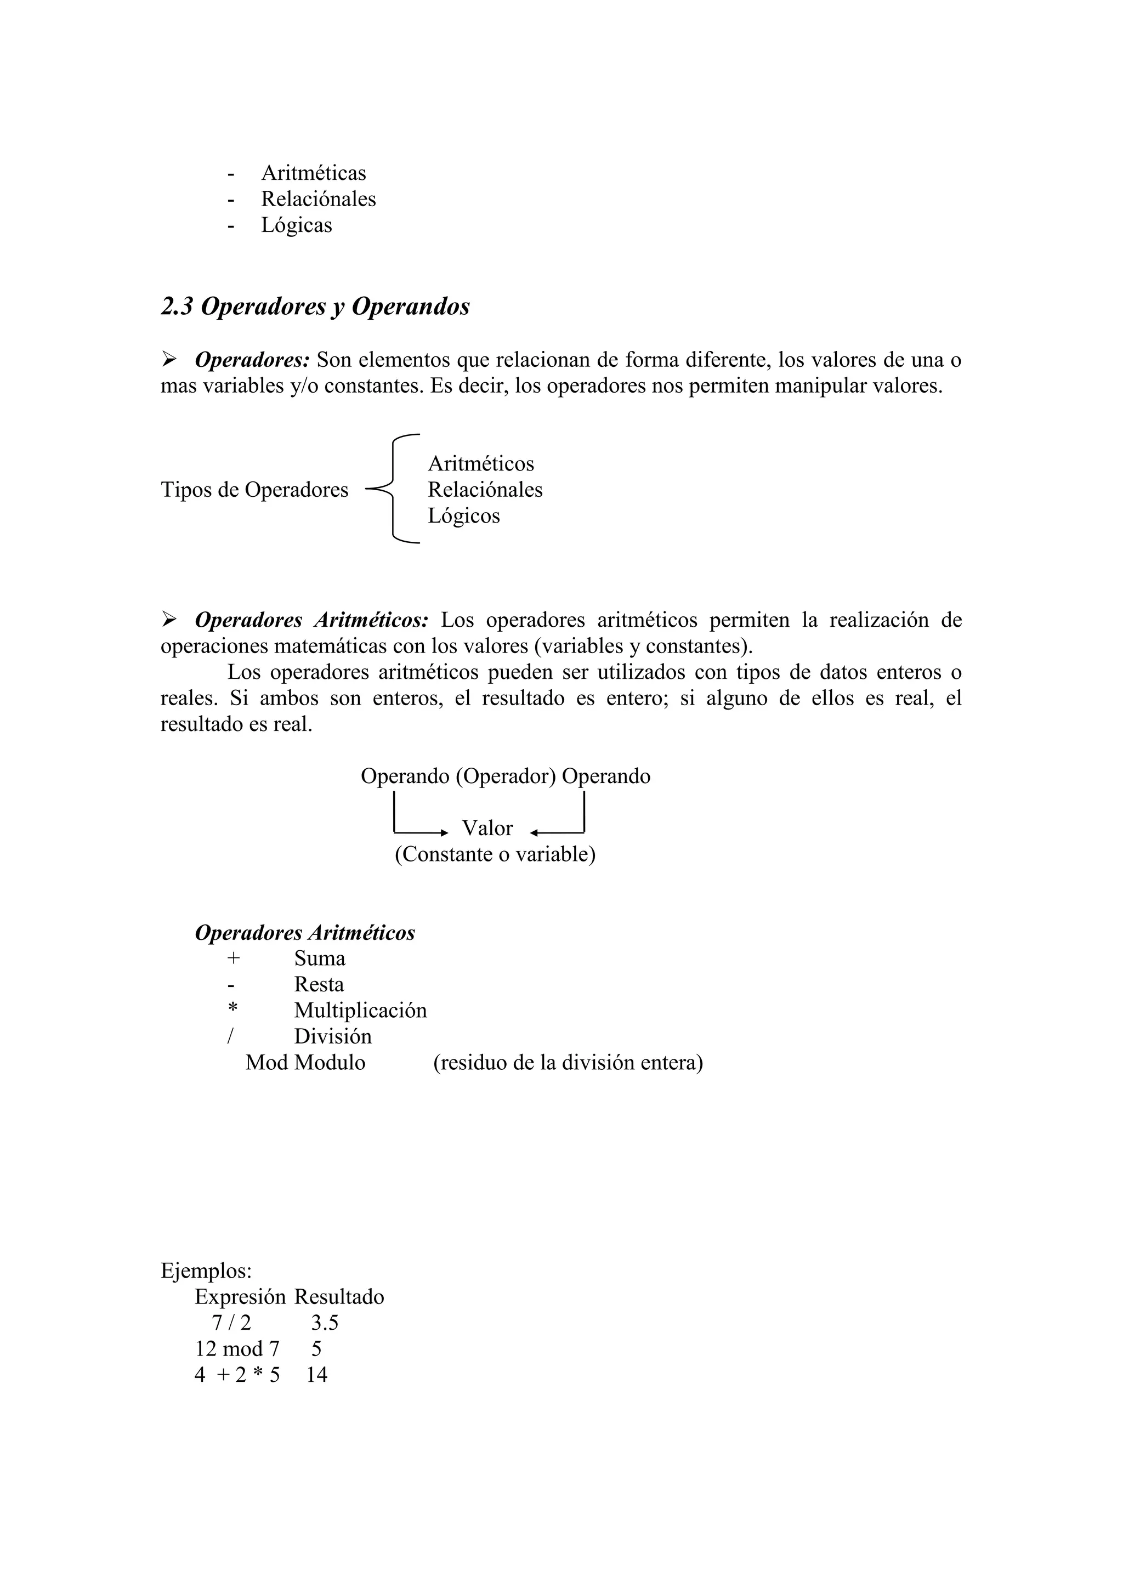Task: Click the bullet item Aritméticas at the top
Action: [x=313, y=173]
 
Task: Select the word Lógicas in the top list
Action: [x=296, y=225]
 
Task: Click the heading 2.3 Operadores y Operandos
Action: [x=315, y=307]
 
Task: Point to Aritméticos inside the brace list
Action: [x=480, y=463]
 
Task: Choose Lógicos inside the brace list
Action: [x=463, y=516]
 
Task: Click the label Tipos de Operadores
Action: [x=254, y=490]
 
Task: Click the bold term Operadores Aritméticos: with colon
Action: [x=311, y=620]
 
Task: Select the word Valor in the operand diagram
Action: [x=487, y=828]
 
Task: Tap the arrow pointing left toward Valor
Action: [x=557, y=832]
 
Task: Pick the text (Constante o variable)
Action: [x=495, y=854]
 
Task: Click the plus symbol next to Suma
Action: [x=233, y=959]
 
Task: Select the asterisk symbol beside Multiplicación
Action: [x=232, y=1008]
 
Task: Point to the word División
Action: [x=333, y=1036]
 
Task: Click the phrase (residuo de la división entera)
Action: [x=568, y=1062]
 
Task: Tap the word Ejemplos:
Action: [x=206, y=1271]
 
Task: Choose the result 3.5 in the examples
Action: [x=324, y=1323]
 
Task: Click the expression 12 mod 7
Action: [x=237, y=1349]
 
